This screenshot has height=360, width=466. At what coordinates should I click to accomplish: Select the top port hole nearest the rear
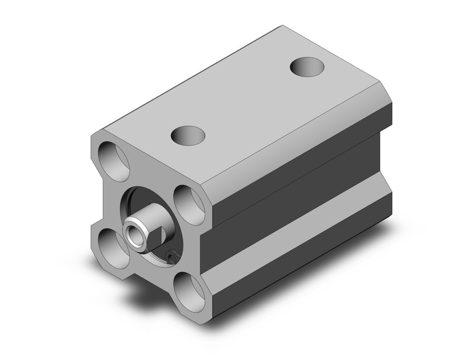[x=305, y=66]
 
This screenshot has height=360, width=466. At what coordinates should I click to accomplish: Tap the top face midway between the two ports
[x=245, y=101]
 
